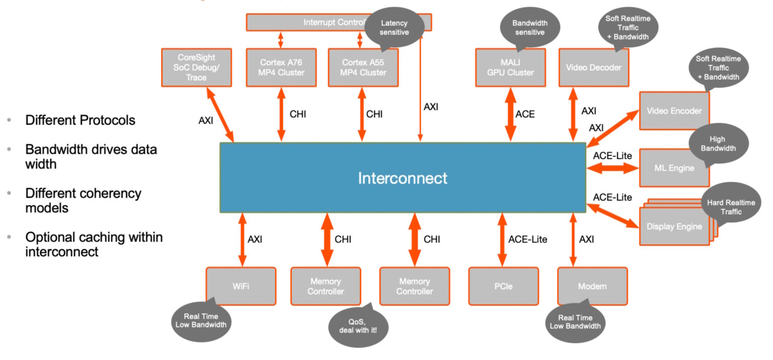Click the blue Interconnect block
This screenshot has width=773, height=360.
click(403, 178)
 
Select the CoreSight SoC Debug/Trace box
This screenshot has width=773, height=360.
click(196, 67)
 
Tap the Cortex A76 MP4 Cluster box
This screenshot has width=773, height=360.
click(281, 67)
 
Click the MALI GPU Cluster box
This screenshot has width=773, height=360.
click(510, 67)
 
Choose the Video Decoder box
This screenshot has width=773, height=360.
click(593, 67)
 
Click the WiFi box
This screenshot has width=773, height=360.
click(241, 286)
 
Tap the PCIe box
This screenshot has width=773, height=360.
click(503, 286)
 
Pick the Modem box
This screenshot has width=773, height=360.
click(592, 286)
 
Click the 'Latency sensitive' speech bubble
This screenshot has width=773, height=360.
click(394, 28)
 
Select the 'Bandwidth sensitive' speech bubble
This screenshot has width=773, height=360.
click(529, 28)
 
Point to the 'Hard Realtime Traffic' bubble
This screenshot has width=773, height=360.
click(730, 206)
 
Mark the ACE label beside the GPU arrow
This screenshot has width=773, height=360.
click(525, 114)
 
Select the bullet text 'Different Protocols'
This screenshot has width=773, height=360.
click(80, 121)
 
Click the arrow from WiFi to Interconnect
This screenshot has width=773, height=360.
click(242, 240)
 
